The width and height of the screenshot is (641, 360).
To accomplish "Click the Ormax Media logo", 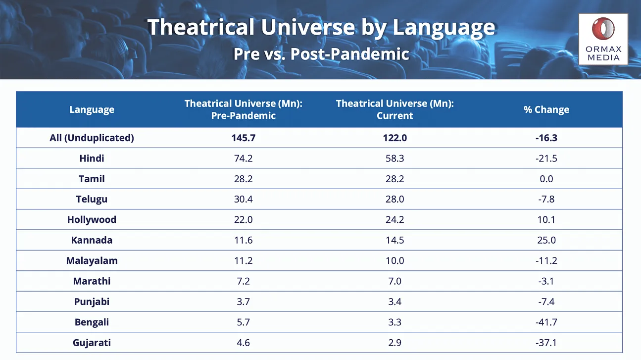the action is tap(603, 39).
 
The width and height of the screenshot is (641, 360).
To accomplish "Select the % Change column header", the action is tap(546, 109).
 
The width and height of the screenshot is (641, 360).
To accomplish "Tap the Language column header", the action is tap(92, 109).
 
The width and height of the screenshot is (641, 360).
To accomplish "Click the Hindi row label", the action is tap(92, 158).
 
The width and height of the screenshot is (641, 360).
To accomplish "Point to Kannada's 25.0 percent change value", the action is tap(546, 240).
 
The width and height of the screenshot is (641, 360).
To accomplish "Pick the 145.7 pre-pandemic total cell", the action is tap(243, 138).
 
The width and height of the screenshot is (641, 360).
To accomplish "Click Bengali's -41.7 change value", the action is tap(546, 322).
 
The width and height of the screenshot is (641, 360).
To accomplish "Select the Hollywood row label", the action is tap(92, 219).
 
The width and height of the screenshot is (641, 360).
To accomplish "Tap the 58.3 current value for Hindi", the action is tap(394, 158).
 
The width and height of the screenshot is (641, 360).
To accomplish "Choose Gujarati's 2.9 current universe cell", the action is tap(394, 343).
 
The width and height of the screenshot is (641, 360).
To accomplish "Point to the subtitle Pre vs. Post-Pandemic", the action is tap(321, 54).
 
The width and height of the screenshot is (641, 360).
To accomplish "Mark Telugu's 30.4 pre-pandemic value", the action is tap(243, 199).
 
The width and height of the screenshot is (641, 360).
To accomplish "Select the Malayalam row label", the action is tap(92, 260).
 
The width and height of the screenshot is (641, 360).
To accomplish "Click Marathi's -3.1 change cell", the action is tap(546, 281).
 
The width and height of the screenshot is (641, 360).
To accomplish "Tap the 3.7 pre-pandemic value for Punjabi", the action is tap(243, 302).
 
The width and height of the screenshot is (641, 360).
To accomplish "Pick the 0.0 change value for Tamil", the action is tap(546, 179).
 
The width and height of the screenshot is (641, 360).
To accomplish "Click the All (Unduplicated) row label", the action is tap(92, 138).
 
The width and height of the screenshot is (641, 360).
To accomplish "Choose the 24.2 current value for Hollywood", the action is tap(394, 219).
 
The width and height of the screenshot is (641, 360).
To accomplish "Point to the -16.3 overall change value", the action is tap(546, 138).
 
